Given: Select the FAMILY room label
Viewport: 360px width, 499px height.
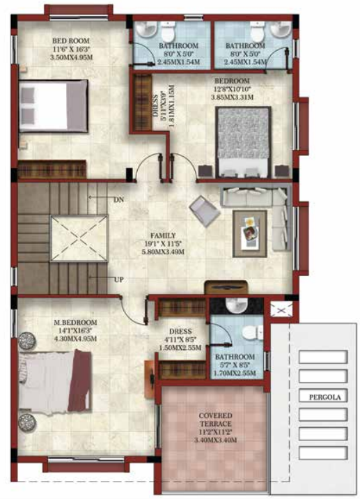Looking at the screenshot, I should (163, 236).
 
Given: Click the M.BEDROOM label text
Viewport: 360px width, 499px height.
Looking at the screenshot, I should (75, 323).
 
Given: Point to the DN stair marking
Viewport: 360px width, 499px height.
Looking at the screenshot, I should (118, 199).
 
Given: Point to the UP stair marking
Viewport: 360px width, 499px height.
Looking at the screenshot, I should (118, 279).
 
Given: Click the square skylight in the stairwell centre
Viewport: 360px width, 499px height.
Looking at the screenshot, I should (79, 238).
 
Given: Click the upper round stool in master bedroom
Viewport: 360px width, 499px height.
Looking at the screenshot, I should (29, 339).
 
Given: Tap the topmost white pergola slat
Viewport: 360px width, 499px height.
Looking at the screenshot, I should (322, 357).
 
